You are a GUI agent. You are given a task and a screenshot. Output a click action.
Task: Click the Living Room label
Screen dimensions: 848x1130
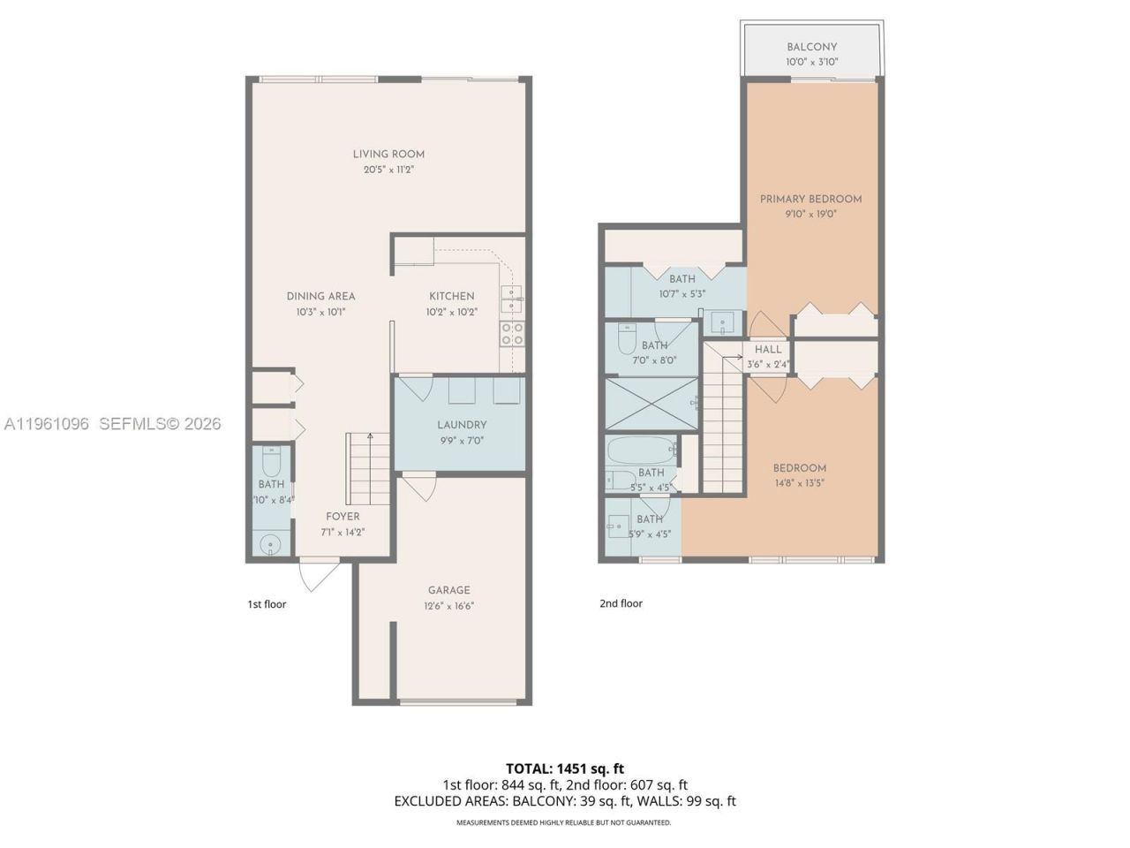388,154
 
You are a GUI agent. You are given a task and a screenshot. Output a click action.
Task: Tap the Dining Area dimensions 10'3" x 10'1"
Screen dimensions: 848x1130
320,312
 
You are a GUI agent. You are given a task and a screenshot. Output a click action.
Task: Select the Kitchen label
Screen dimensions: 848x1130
451,296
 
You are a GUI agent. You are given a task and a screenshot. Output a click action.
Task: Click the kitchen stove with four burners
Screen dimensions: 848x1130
512,333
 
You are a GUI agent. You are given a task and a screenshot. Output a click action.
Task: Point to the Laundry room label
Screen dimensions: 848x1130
462,425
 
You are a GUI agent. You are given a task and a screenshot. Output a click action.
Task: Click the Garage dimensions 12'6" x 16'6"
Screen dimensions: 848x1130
448,606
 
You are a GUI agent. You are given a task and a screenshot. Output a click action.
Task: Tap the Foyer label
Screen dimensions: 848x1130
343,517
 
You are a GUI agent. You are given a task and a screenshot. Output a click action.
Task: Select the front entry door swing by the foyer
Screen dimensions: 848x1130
319,576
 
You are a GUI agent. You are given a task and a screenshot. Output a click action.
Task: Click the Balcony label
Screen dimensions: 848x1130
811,47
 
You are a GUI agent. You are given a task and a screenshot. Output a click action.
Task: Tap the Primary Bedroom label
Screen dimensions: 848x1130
810,199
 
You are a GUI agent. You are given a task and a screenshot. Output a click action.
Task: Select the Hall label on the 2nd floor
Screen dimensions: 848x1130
767,350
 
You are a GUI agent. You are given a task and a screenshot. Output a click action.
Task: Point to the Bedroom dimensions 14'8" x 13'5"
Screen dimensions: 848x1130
799,483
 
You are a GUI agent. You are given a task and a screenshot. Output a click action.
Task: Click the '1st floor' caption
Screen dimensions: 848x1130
266,604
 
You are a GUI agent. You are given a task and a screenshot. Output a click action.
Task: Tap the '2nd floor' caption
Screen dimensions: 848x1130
621,603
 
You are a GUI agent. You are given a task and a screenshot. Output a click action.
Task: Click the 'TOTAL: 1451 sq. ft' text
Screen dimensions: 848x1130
564,768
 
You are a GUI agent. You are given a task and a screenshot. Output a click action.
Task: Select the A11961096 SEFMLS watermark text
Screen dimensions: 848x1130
112,424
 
